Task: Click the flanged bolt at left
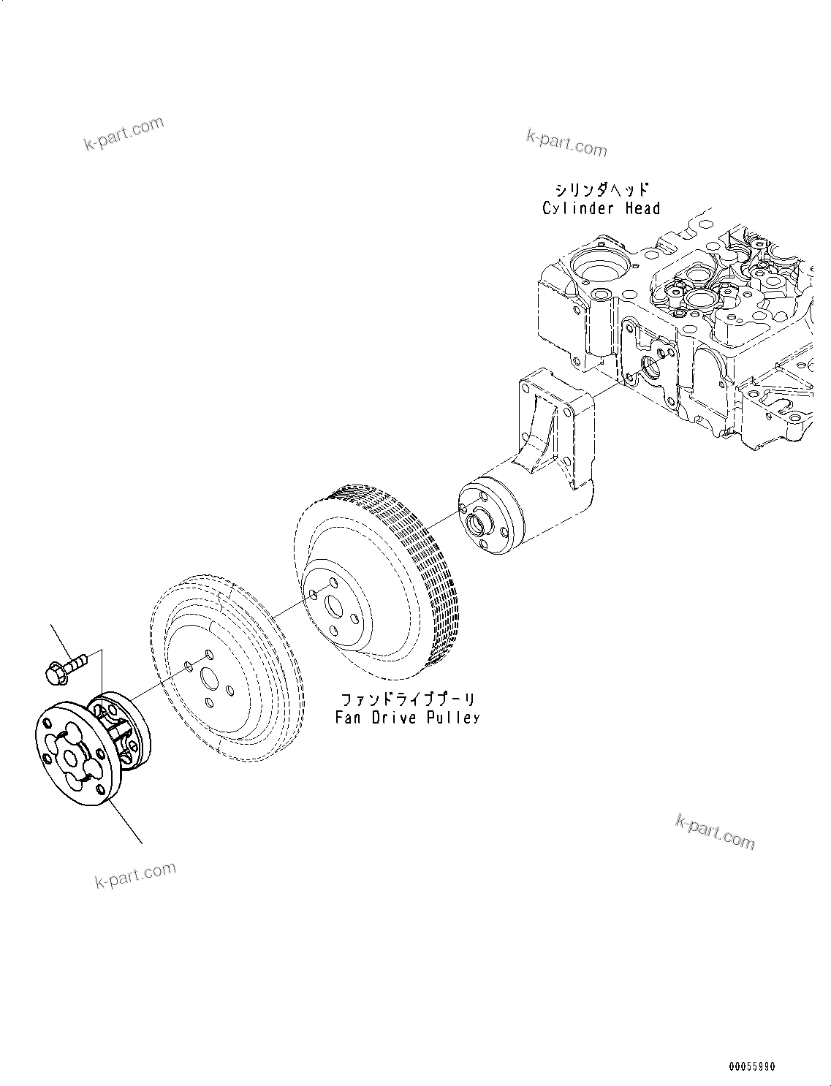64,668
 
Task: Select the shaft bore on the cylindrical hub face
478,523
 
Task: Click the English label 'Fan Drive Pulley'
407,718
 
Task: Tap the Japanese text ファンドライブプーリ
407,699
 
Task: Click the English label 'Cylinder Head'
601,209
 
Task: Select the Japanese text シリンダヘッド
601,190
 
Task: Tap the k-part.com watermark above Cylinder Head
566,144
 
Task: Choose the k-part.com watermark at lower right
715,832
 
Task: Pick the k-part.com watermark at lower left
135,875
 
